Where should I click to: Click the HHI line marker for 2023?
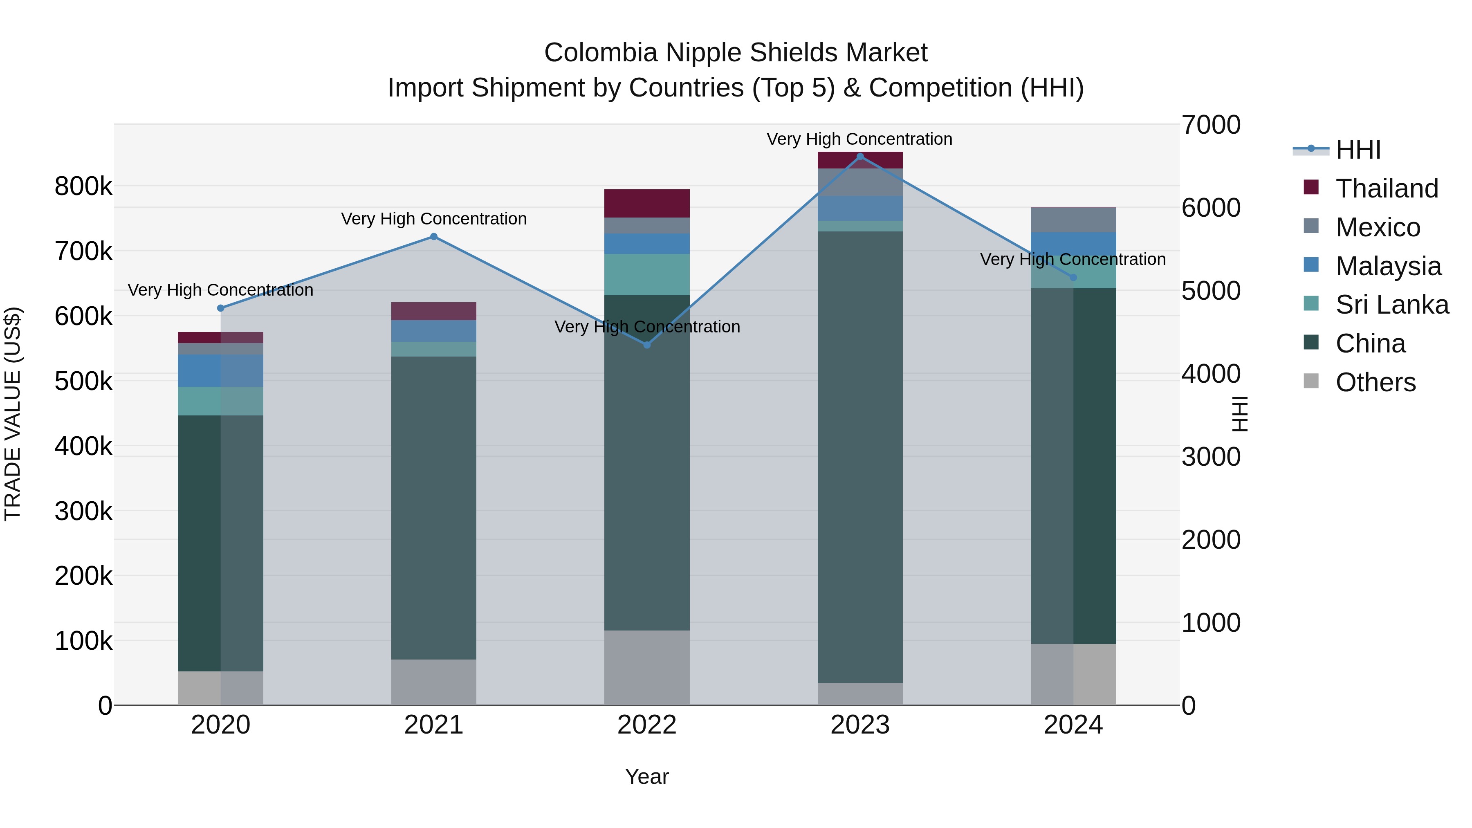point(860,157)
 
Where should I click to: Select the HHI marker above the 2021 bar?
point(434,237)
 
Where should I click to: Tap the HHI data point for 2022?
point(647,345)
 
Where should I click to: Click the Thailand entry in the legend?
point(1386,188)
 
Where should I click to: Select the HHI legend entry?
point(1358,150)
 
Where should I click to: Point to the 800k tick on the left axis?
point(83,186)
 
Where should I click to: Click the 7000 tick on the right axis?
point(1211,125)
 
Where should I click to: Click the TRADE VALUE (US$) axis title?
point(13,414)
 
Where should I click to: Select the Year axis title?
point(646,776)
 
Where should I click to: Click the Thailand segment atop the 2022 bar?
point(647,204)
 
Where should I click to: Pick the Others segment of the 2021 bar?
point(434,682)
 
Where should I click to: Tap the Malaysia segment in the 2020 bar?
point(220,370)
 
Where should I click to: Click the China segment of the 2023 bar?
point(860,457)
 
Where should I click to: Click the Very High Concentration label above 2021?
point(434,219)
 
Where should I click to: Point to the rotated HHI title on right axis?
point(1239,414)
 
